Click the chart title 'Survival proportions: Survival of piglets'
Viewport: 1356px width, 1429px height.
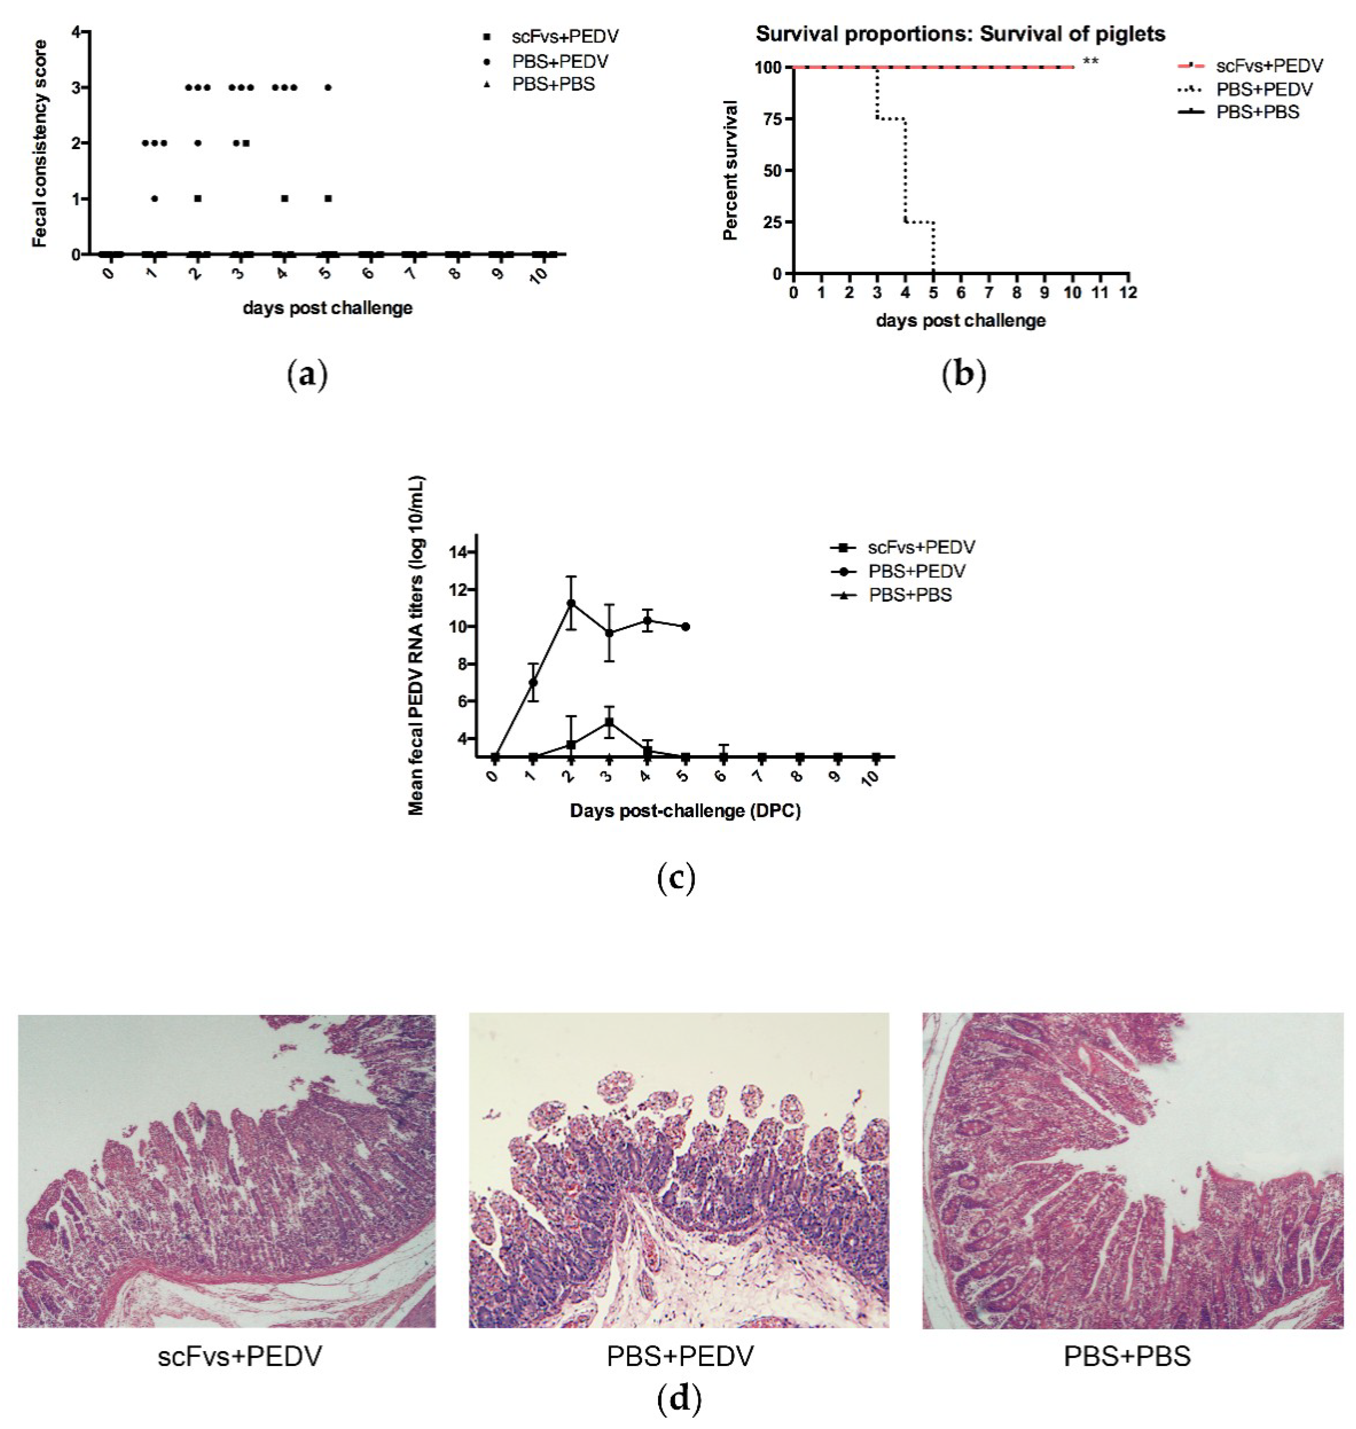(x=961, y=34)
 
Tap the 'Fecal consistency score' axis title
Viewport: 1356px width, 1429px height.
(x=40, y=144)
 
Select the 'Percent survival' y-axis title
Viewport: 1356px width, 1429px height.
(x=731, y=171)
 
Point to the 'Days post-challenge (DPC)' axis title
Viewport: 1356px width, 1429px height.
(x=685, y=811)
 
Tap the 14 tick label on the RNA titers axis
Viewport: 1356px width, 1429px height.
(x=458, y=553)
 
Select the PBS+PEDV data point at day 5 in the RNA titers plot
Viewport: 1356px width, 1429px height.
(x=685, y=627)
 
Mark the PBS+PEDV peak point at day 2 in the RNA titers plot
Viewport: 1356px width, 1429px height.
(x=571, y=603)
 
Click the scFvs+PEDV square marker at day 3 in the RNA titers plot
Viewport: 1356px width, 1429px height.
(x=609, y=722)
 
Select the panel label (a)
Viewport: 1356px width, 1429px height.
(x=308, y=375)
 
